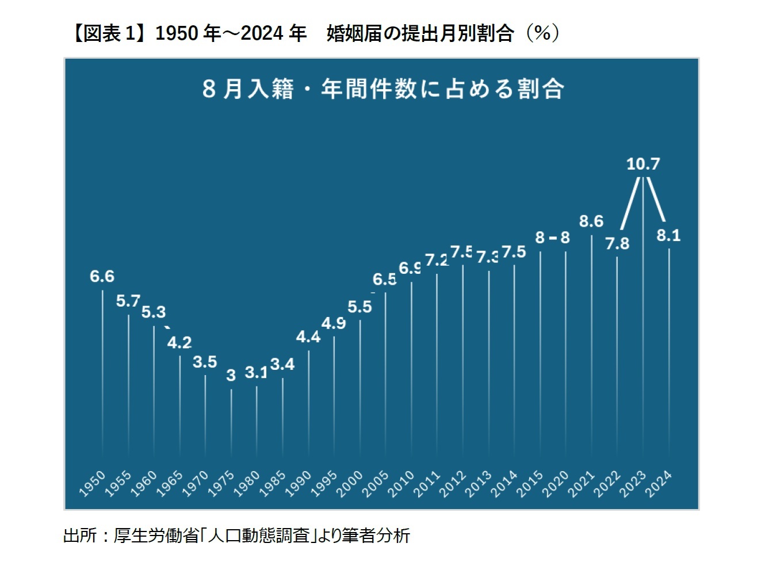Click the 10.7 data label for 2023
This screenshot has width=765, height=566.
point(642,164)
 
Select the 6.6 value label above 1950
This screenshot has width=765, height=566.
point(102,277)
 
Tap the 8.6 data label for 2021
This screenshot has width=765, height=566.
point(591,221)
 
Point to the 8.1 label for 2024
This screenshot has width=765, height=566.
point(668,235)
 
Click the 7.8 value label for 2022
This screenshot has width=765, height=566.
point(617,244)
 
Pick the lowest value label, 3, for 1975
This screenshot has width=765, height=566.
point(231,376)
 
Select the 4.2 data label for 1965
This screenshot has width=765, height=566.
point(179,343)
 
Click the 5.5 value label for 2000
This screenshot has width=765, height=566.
point(359,307)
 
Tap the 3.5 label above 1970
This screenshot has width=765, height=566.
point(205,362)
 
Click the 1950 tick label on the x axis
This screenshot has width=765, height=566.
point(92,483)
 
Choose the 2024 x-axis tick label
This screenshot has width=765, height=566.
point(658,483)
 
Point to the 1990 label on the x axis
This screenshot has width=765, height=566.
point(298,483)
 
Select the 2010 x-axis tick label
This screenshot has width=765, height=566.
point(401,483)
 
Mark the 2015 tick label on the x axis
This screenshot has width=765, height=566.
point(530,483)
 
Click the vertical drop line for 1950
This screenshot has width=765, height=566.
point(102,374)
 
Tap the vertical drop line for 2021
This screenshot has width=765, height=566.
point(591,345)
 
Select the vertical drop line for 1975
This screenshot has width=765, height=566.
point(231,423)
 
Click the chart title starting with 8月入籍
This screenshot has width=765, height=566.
point(382,89)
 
